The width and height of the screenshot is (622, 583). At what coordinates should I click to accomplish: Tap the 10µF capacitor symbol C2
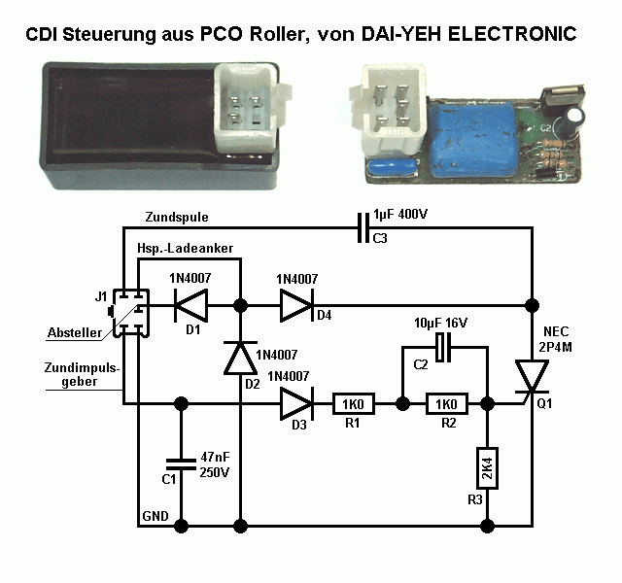click(x=445, y=347)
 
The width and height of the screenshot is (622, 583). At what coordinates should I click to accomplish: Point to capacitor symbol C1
click(x=180, y=462)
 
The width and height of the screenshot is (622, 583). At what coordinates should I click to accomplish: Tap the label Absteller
click(x=74, y=333)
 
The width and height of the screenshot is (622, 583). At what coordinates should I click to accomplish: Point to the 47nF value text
click(x=214, y=457)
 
